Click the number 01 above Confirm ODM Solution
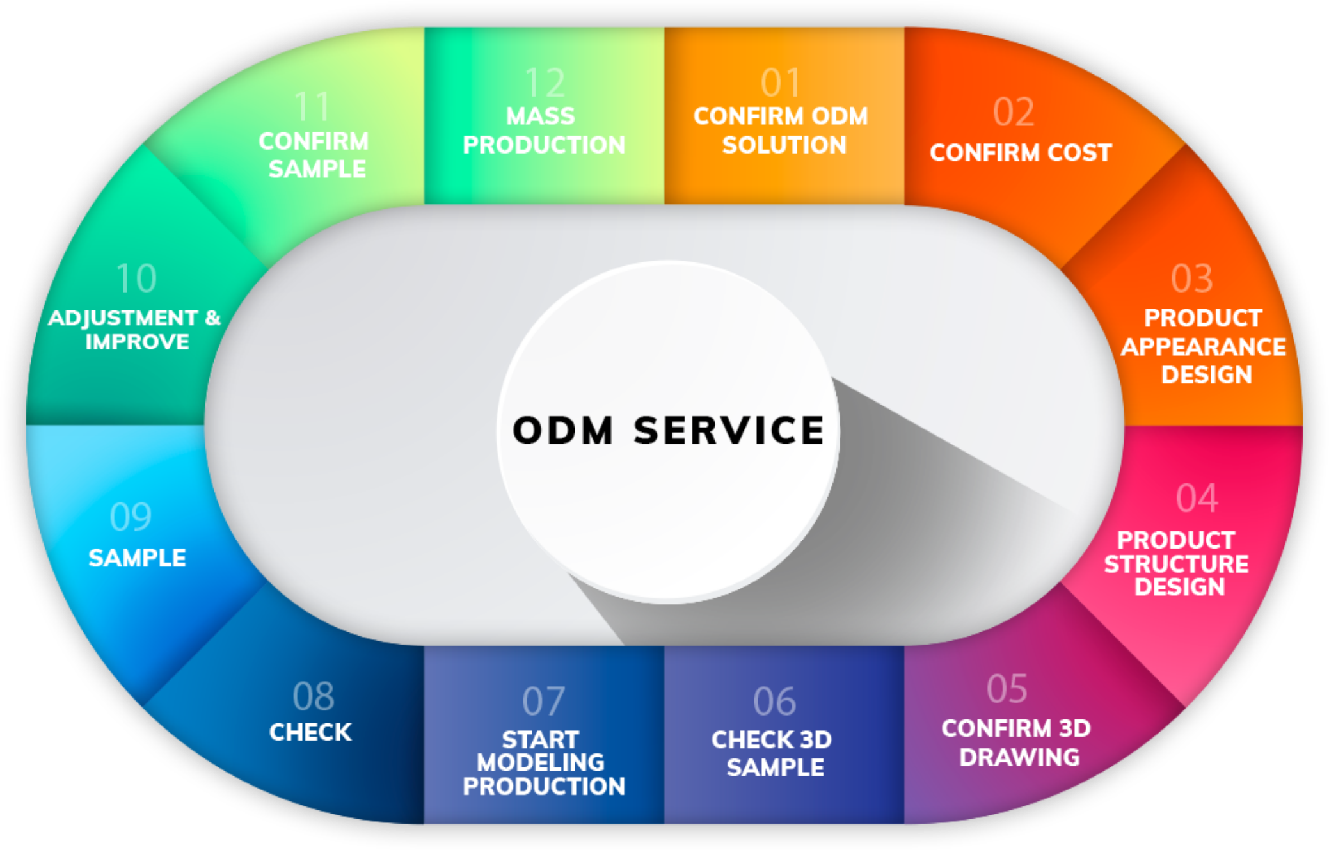coord(781,83)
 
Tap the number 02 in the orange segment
coord(1013,113)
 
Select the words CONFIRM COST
coord(1021,153)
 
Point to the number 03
coord(1191,279)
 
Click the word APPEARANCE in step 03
coord(1203,347)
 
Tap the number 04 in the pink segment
coord(1197,498)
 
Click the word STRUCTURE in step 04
coord(1176,564)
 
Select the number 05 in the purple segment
coord(1007,689)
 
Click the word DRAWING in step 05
coord(1019,758)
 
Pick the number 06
coord(774,702)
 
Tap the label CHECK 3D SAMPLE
coord(773,753)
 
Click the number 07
coord(543,702)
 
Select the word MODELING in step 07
coord(541,762)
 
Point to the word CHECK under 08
coord(310,732)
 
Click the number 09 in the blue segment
coord(131,517)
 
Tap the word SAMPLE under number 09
coord(137,558)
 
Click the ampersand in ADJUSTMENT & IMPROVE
coord(212,317)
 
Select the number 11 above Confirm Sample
coord(312,107)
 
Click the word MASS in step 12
coord(541,116)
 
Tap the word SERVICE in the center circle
coord(728,430)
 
